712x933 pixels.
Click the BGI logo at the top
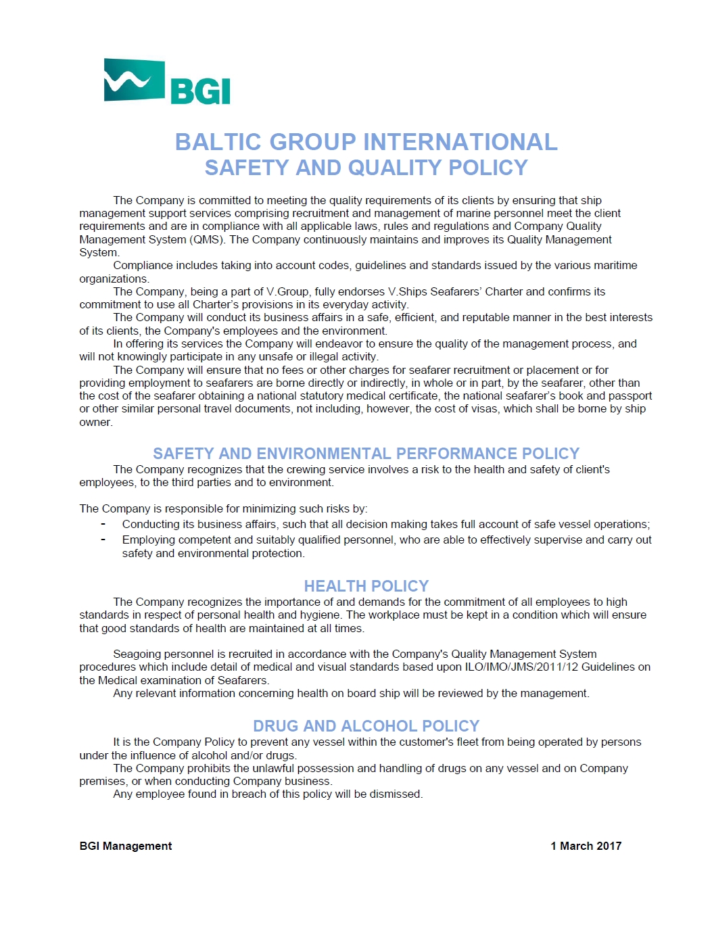coord(167,82)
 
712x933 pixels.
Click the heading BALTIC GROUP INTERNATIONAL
coord(366,142)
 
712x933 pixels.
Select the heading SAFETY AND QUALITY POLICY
coord(366,168)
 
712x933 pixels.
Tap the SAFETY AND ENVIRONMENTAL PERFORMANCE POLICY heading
coord(366,454)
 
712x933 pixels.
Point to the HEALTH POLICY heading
coord(366,586)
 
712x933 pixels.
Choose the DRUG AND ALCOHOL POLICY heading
coord(366,726)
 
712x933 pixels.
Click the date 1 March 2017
coord(586,846)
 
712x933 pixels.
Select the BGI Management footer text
coord(126,846)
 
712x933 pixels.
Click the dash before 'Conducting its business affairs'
coord(103,524)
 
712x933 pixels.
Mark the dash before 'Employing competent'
coord(103,540)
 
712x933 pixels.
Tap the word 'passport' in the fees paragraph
coord(631,396)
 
